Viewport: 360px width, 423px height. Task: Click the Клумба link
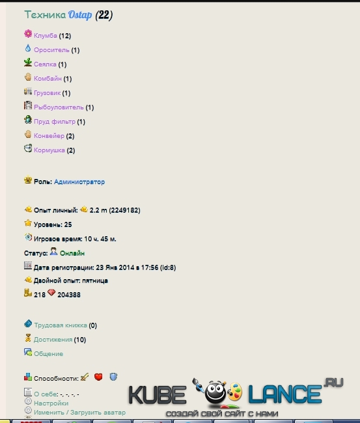tap(46, 36)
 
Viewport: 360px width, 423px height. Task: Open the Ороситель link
tap(51, 50)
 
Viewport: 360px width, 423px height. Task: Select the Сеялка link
tap(45, 64)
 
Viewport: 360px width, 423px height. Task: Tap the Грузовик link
tap(48, 93)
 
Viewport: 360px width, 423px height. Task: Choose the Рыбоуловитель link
tap(59, 107)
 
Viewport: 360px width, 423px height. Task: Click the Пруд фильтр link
tap(55, 122)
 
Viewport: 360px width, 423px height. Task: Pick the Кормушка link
tap(49, 150)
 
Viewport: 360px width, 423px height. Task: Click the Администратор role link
tap(79, 182)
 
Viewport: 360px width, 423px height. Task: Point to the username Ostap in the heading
tap(80, 14)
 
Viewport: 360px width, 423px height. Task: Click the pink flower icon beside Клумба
tap(28, 33)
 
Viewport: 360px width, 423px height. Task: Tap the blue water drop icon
tap(28, 48)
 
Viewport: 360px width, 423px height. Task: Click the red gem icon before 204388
tap(51, 292)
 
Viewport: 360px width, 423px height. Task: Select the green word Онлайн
tap(72, 253)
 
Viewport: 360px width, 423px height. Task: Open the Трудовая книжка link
tap(61, 325)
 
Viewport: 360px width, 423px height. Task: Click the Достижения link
tap(53, 339)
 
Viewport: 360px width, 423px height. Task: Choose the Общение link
tap(49, 353)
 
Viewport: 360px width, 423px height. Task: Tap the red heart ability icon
tap(98, 377)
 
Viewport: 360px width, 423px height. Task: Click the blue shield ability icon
tap(113, 377)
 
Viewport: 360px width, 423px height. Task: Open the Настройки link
tap(51, 403)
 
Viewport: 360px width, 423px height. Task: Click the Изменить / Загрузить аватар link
tap(79, 412)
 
